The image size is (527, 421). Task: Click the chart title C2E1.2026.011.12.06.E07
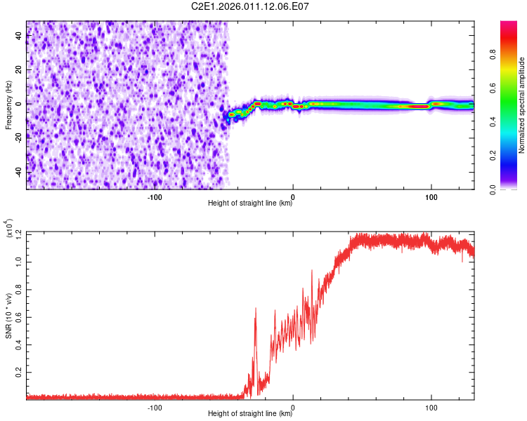251,6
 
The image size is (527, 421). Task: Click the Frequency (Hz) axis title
8,105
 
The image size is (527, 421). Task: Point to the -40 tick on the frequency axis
18,172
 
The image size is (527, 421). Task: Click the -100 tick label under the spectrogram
155,196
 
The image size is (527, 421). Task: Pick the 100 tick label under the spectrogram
431,196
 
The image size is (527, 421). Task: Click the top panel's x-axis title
250,203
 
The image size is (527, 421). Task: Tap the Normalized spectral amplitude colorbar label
521,106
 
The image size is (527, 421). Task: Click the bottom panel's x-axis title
250,414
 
